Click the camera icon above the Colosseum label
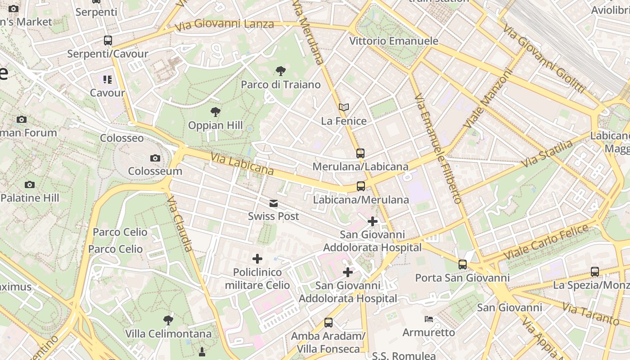click(155, 158)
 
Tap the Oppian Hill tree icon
click(216, 112)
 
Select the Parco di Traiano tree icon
click(280, 71)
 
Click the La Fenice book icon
click(344, 108)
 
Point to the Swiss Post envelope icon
click(274, 203)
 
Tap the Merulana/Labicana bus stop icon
click(360, 153)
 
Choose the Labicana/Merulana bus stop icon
click(361, 186)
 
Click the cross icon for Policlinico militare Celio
click(257, 259)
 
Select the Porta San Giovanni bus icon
click(463, 265)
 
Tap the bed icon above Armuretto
click(429, 319)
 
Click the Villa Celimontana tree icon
click(168, 320)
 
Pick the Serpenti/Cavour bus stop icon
click(108, 40)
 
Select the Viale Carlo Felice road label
click(545, 241)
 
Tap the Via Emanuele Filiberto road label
click(437, 148)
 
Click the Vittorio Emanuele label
click(394, 41)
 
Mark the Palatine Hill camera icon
click(30, 184)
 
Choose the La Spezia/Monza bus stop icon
click(595, 272)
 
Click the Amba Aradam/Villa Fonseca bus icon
click(328, 323)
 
